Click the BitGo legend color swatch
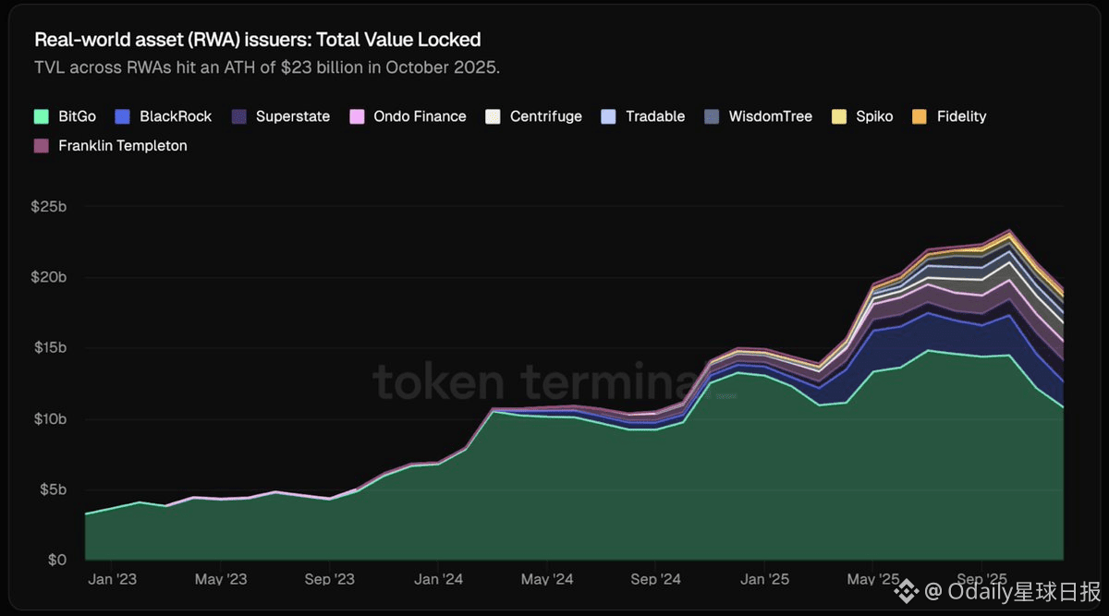point(42,116)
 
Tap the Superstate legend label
point(292,116)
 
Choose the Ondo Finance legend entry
point(420,116)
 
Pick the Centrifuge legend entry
point(545,116)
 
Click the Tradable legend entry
point(654,116)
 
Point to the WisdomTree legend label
point(770,116)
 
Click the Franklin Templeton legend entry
point(122,145)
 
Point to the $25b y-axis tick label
point(48,206)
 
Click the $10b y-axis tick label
point(48,418)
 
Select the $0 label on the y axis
point(57,560)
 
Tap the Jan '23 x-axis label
point(113,579)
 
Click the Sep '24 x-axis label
point(657,579)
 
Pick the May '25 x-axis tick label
point(873,579)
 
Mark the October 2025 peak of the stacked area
point(1009,230)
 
